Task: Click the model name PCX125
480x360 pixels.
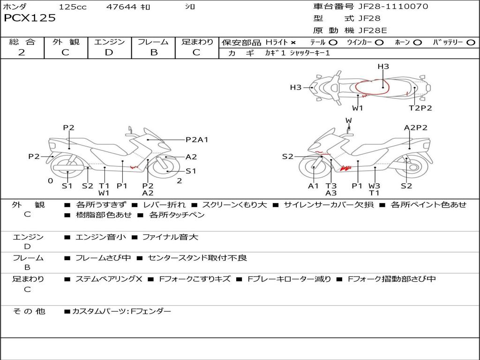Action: [30, 18]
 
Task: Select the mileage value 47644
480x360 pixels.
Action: [122, 7]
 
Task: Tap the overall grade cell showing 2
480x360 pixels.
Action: [22, 52]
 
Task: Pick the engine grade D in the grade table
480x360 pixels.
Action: [109, 52]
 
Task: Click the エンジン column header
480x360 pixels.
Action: [109, 42]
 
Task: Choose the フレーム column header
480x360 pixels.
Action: [153, 42]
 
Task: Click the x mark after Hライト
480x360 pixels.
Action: [293, 43]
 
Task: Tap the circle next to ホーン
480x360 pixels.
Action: [418, 43]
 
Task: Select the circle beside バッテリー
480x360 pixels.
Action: [471, 43]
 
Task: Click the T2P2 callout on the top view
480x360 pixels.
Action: [420, 108]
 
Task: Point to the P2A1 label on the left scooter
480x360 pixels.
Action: [196, 139]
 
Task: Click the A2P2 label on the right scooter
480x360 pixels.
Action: [416, 127]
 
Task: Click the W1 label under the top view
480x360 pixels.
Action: [358, 108]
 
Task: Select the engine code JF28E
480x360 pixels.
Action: [373, 30]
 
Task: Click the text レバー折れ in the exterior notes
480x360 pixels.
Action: [164, 205]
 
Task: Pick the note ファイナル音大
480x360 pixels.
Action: [170, 237]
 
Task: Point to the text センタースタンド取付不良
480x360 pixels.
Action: [197, 258]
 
